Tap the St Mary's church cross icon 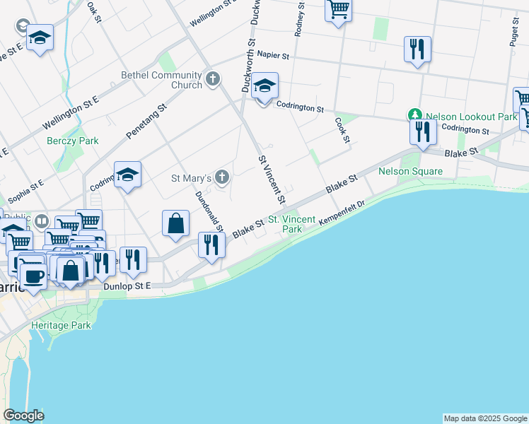point(223,177)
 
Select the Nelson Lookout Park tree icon point(414,114)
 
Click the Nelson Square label point(410,171)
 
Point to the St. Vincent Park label point(291,225)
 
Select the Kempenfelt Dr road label point(342,213)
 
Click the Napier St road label point(274,54)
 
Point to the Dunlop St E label point(127,286)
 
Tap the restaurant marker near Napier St point(417,49)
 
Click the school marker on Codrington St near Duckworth point(264,87)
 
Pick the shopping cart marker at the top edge point(339,10)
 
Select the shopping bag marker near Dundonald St point(176,224)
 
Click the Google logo point(23,416)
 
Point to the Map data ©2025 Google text point(485,418)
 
